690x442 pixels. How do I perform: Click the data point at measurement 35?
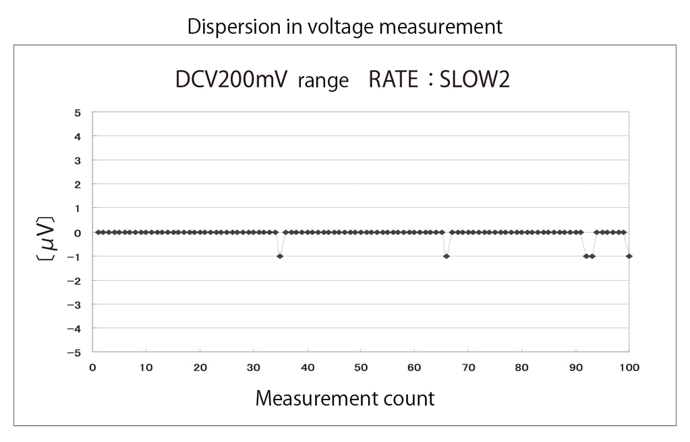(280, 256)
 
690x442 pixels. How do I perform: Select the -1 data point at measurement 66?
(447, 256)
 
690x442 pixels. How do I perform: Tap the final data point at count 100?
(629, 256)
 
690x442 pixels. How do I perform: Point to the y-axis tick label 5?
(78, 113)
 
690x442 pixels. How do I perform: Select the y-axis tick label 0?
(78, 232)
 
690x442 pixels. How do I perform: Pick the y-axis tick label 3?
(78, 161)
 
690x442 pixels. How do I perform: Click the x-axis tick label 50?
(361, 368)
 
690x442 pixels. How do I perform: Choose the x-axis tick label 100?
(629, 368)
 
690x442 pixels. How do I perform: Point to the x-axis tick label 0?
(92, 368)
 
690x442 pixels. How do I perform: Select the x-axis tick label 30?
(254, 368)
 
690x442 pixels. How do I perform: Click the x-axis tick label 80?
(522, 368)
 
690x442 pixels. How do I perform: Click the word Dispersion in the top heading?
(227, 26)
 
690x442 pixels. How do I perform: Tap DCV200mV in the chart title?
(231, 80)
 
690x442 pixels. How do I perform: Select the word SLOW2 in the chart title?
(474, 80)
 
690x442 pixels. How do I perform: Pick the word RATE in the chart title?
(393, 80)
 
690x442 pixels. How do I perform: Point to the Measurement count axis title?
(345, 398)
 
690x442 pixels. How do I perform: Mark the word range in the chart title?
(323, 82)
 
